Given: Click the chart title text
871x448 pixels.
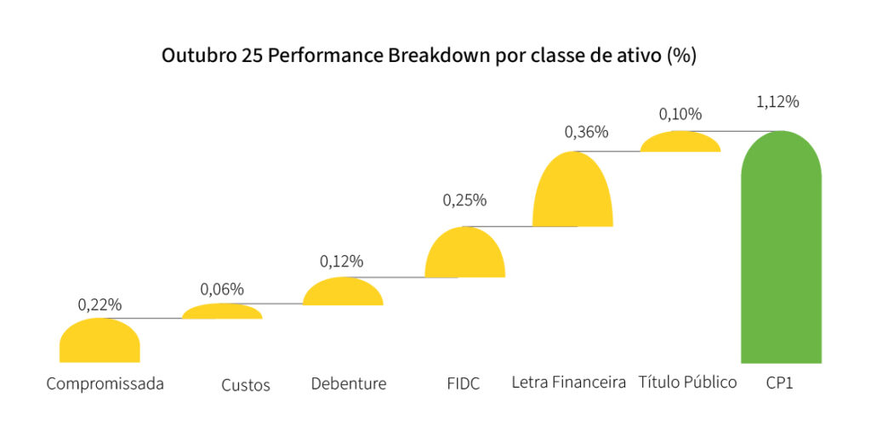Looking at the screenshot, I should pos(430,55).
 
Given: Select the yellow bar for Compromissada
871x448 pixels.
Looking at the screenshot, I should pos(100,342).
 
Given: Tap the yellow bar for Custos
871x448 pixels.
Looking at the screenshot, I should pos(223,312).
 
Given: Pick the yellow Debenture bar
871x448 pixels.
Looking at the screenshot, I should pos(343,292).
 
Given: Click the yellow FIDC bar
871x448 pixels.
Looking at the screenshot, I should pos(464,254).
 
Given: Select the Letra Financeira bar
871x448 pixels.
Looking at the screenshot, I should pos(572,191).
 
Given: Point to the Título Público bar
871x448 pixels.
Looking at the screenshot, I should pos(680,142).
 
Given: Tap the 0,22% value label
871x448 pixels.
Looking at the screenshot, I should pos(100,303).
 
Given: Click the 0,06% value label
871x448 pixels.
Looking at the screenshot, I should pos(222,289).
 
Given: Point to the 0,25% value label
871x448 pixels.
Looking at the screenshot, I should pos(464,201).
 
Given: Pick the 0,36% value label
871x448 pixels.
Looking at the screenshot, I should pos(587,132).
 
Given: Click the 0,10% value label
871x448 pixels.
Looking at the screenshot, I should pos(680,114).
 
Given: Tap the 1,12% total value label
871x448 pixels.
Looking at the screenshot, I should pos(777,102).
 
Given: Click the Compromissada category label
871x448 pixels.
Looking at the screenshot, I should pos(105,383).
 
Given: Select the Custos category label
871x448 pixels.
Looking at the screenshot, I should pos(246,385).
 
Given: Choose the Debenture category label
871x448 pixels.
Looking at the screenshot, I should pos(349,383).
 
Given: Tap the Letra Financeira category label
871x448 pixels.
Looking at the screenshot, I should pos(569,382).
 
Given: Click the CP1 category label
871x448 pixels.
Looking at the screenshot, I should pos(779,383).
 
